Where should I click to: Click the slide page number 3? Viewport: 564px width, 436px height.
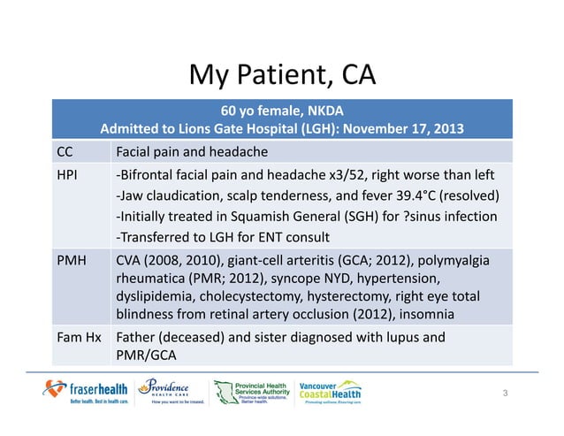pos(505,392)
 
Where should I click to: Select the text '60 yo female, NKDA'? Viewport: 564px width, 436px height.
pos(282,111)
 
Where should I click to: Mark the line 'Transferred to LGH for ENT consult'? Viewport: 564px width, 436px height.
pos(224,237)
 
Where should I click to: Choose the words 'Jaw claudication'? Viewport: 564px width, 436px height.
pos(165,195)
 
